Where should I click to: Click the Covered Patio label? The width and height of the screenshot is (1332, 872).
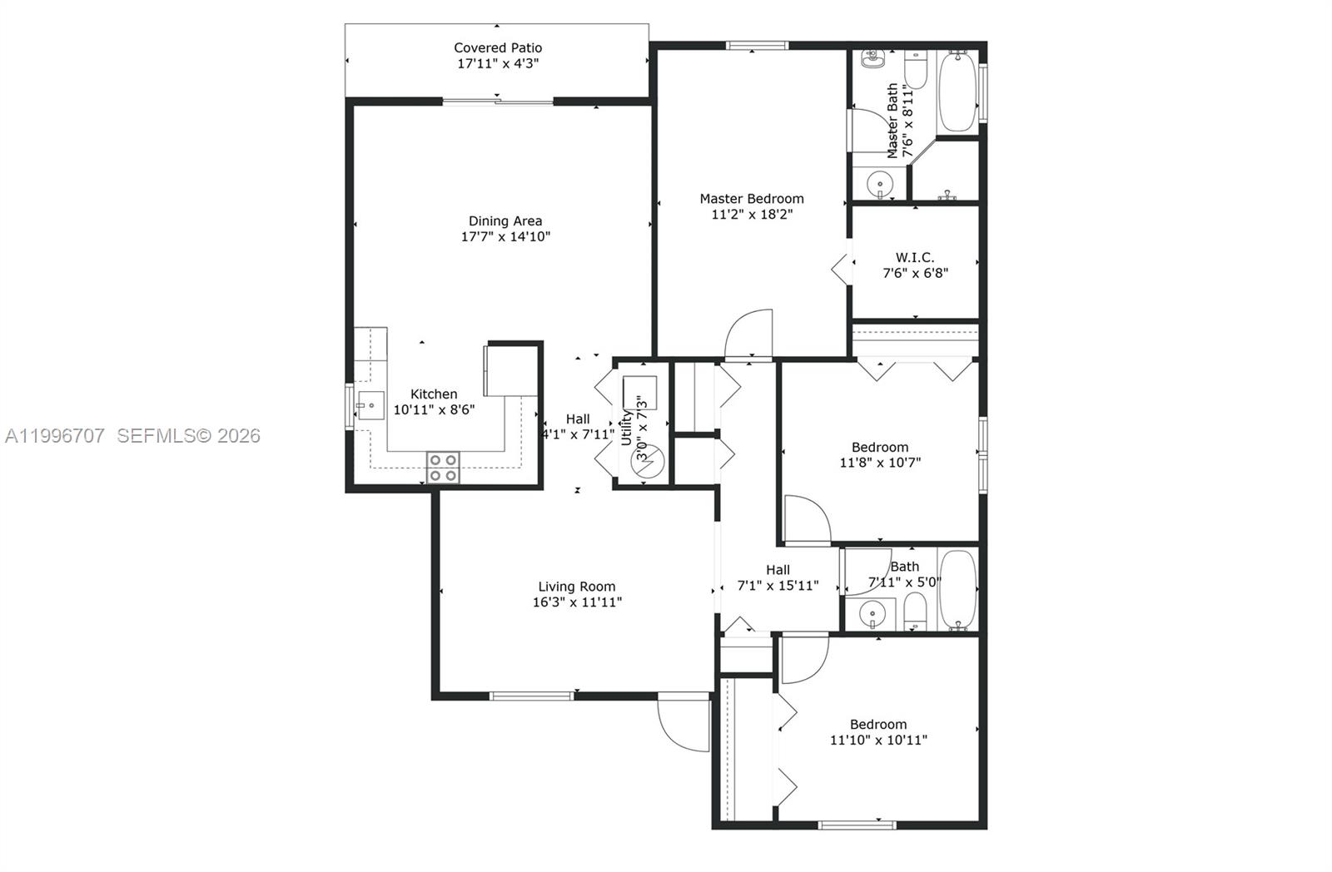498,48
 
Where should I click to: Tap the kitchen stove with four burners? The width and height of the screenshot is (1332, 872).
443,468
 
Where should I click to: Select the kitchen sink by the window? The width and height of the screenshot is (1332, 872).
370,406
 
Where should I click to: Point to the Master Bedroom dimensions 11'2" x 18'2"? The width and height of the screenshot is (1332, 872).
751,214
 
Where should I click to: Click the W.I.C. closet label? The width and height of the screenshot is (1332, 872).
915,258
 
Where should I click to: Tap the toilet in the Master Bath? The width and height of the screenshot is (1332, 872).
916,70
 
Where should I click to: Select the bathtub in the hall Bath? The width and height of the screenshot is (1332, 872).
957,590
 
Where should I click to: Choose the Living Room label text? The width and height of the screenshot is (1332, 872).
576,587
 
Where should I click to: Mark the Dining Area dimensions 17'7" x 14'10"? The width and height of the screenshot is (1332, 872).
505,236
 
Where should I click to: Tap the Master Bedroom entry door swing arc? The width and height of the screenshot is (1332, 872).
748,334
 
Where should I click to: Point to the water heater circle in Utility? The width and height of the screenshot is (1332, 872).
647,463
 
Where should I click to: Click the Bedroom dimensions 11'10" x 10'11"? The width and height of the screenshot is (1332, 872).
878,740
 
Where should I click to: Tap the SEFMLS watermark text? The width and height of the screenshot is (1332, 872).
188,435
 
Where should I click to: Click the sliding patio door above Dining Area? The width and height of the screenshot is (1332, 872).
498,102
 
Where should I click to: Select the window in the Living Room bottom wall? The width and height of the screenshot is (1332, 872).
531,696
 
